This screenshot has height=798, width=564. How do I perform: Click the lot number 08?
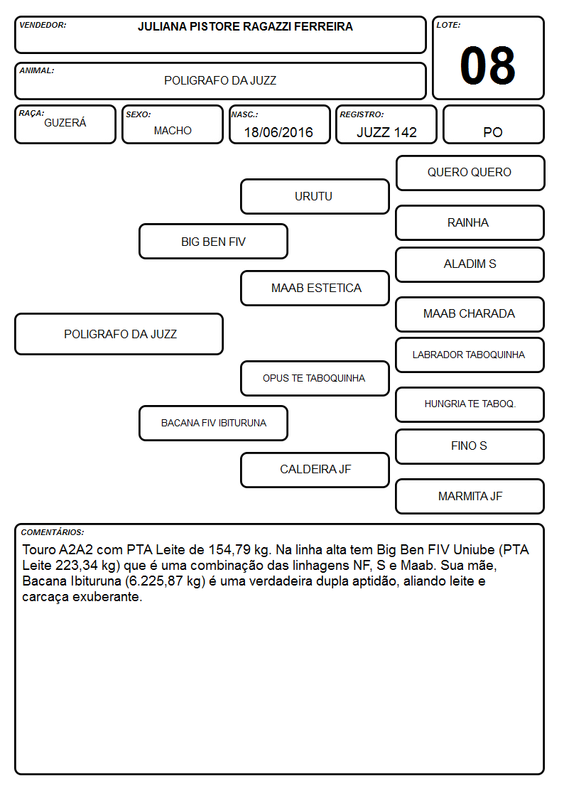pos(487,65)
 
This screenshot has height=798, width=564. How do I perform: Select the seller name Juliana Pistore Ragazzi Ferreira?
pos(245,26)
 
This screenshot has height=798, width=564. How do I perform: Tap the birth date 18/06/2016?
pos(278,132)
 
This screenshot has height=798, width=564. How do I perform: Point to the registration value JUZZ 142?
pos(386,132)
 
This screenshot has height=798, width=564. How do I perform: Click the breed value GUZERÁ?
pos(65,122)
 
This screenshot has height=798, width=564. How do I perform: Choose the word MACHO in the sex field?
pos(173,131)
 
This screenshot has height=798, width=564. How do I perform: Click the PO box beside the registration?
pos(493,124)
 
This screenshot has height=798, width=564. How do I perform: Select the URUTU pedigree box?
pos(315,196)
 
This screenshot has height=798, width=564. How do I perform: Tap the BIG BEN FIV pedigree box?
pos(213,241)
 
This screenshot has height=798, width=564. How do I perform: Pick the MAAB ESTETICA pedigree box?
pos(315,288)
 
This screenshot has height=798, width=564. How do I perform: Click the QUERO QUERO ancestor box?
pos(470,173)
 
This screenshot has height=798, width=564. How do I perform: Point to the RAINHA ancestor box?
pos(470,222)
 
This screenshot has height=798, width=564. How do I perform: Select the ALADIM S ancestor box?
pos(470,264)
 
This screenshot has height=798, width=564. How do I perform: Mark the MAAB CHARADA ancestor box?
pos(470,314)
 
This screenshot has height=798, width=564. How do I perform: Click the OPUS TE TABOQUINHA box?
pos(315,378)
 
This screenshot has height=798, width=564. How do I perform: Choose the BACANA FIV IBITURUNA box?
pos(213,423)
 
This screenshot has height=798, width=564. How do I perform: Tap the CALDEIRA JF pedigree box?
pos(315,470)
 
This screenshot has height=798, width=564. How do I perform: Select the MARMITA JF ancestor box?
pos(470,496)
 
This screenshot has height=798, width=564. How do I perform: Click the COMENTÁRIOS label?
pos(53,532)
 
